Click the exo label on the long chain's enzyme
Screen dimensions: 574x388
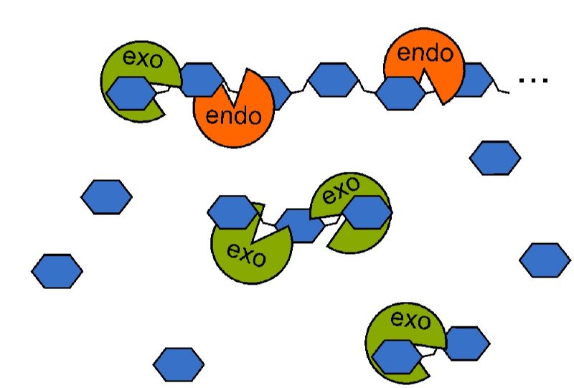[143, 59]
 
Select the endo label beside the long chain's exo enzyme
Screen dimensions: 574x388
[234, 115]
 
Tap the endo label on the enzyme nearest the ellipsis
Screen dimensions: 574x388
[425, 52]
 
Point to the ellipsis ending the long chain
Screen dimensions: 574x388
[533, 80]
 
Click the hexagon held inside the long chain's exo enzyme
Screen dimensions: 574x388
[132, 93]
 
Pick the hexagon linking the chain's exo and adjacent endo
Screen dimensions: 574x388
[202, 80]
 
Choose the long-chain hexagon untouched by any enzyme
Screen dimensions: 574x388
[333, 80]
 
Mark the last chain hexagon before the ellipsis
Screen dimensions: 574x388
[474, 80]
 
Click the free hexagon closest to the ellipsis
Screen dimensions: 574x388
[495, 158]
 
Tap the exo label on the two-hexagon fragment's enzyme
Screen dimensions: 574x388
[410, 320]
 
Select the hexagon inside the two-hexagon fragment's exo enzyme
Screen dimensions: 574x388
[397, 356]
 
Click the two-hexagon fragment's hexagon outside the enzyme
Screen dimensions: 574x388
[467, 344]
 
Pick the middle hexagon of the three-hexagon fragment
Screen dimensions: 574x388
[300, 225]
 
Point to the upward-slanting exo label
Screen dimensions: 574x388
[342, 190]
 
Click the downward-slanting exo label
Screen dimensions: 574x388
[246, 254]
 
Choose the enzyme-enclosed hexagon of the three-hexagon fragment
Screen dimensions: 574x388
[367, 212]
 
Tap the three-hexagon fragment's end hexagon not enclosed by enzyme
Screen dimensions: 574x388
[232, 212]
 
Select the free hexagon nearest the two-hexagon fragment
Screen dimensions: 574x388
[545, 260]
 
